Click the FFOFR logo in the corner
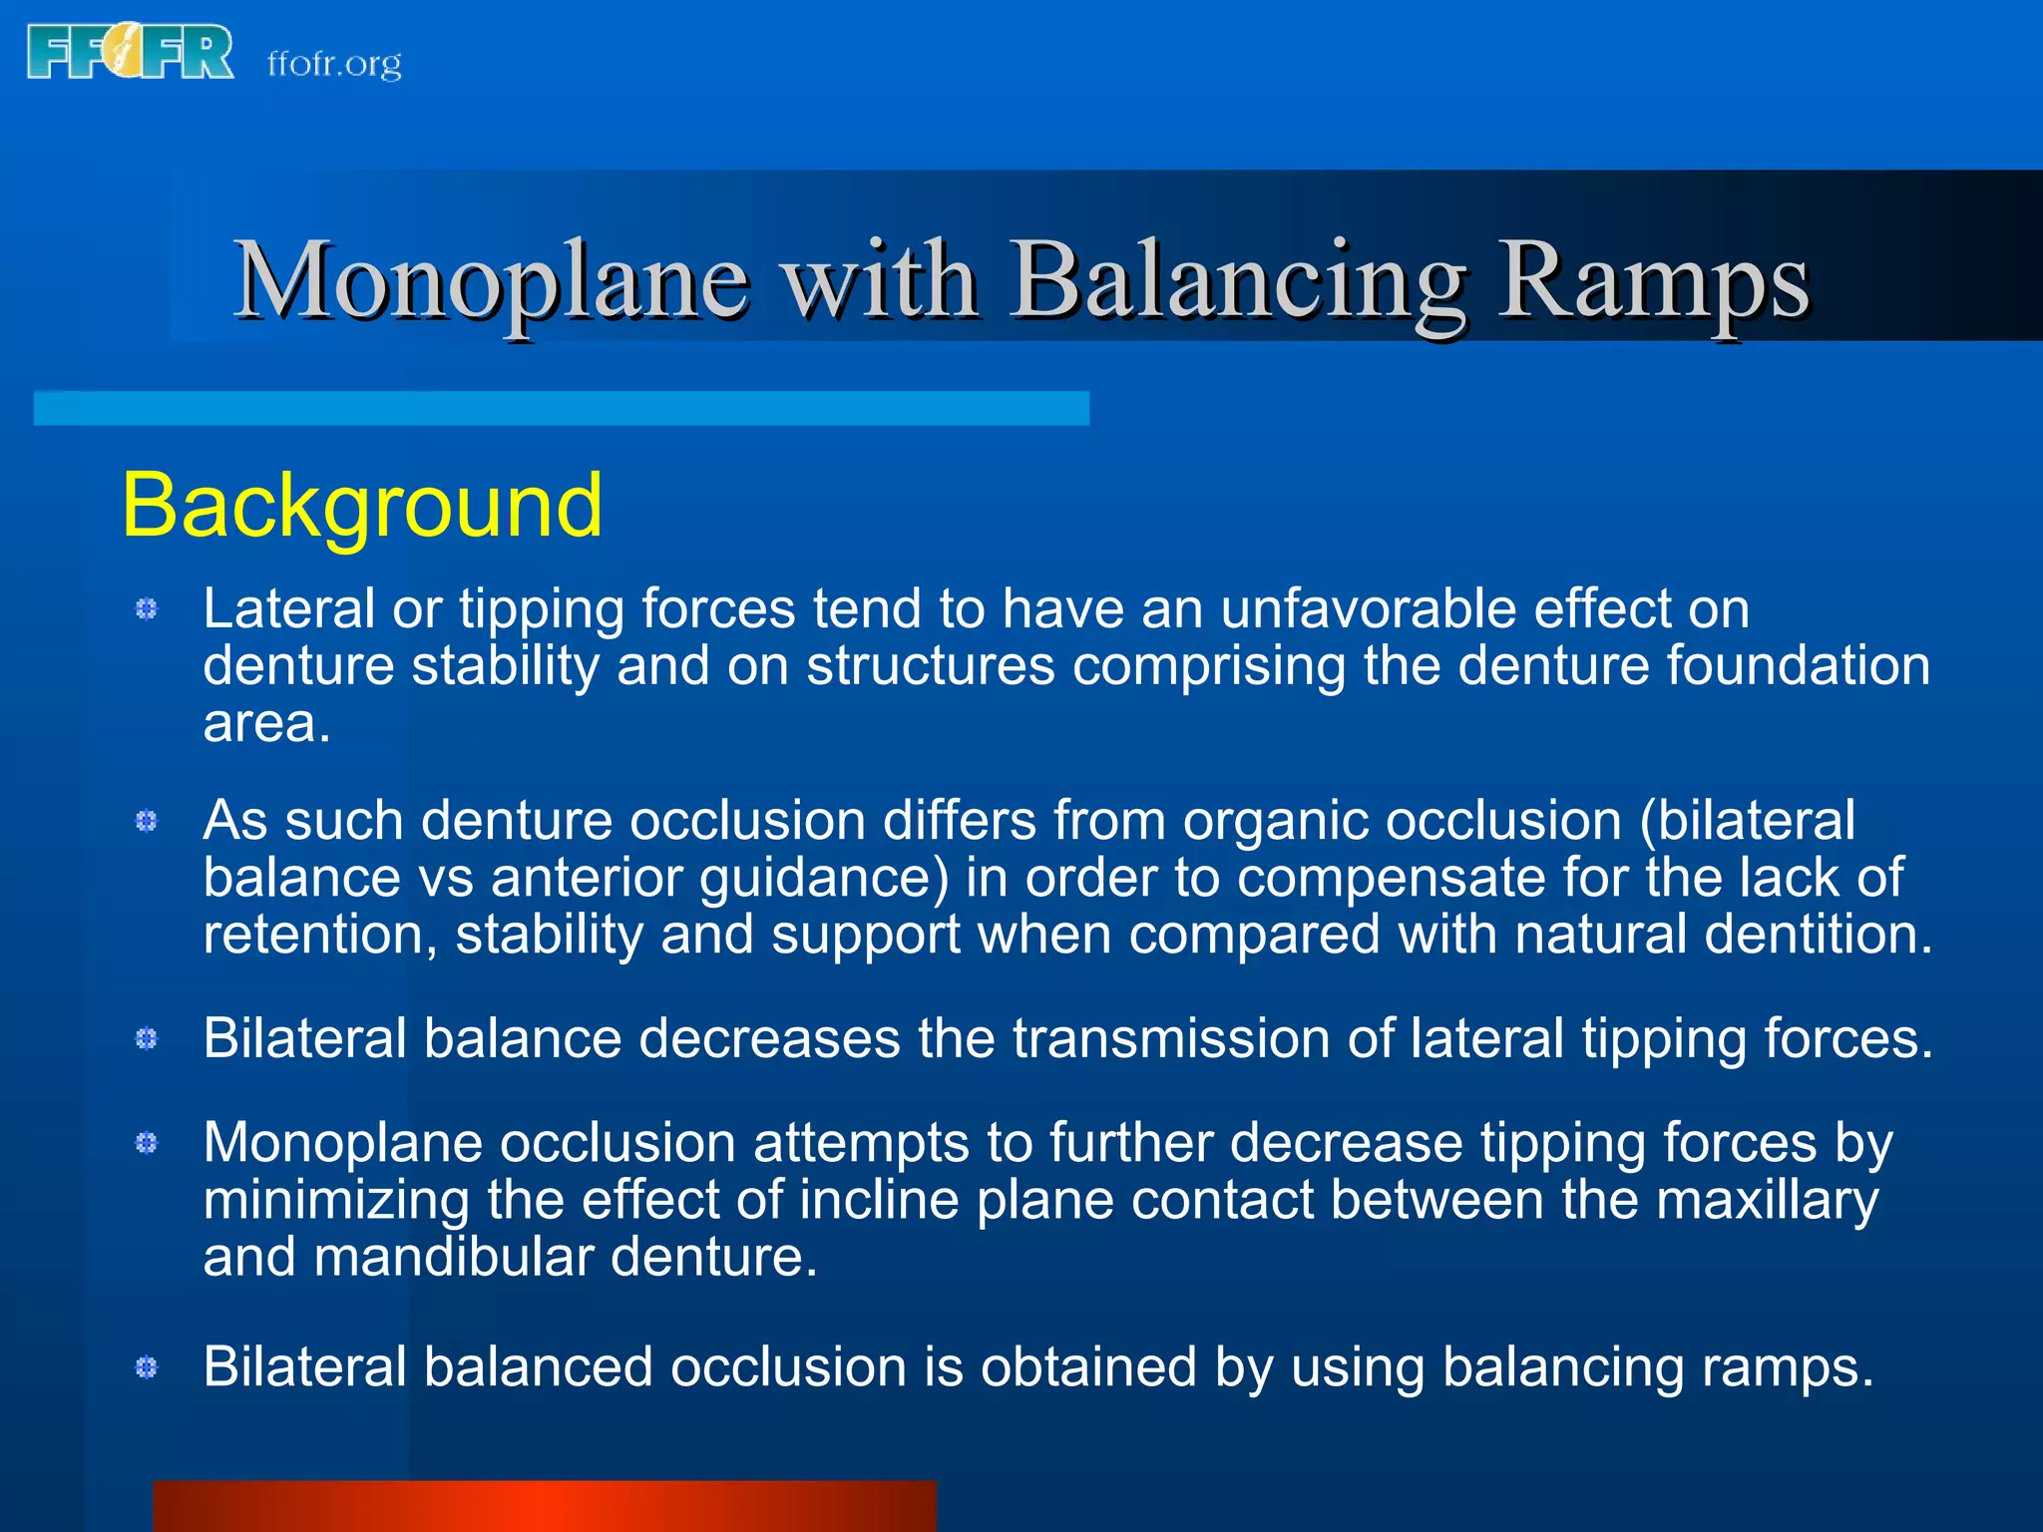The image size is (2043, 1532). point(130,54)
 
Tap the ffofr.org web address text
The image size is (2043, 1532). point(334,64)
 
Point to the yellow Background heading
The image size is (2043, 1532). point(361,506)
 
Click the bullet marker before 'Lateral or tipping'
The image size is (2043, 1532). point(147,608)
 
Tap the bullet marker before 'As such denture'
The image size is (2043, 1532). point(147,821)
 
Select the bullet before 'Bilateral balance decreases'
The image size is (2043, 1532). point(147,1039)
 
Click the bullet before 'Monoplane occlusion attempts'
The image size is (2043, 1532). point(147,1143)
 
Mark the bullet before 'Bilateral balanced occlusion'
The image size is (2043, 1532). point(147,1367)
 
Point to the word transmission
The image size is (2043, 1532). point(1171,1039)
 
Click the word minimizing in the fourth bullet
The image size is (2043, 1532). point(336,1200)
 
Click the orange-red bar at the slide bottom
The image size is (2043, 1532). point(544,1506)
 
